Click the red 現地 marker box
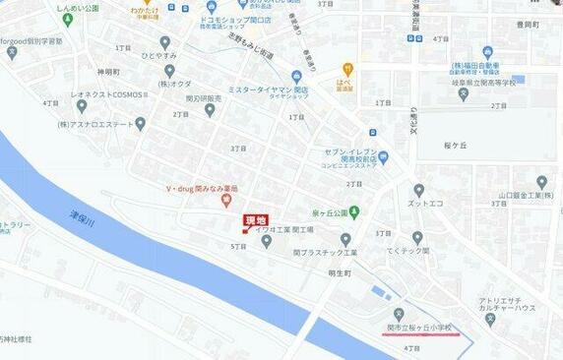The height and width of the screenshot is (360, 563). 254,220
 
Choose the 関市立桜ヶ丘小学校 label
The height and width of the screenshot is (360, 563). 419,326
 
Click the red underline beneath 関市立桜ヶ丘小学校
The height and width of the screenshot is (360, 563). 420,333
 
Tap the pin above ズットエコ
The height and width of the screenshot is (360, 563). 419,190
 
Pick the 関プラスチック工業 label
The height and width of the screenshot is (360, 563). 330,253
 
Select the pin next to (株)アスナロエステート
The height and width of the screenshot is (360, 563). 140,124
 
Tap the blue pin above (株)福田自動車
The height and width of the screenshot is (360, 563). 486,51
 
